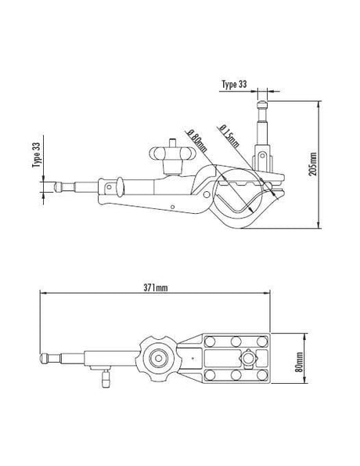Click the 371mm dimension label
coord(156,287)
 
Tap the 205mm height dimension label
coord(313,164)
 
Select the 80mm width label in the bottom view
coord(299,362)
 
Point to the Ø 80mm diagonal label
coord(196,140)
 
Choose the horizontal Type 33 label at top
coord(234,84)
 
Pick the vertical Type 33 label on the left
coord(36,155)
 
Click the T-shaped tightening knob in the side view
coord(172,156)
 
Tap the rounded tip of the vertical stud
coord(262,104)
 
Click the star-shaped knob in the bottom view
coord(158,358)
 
